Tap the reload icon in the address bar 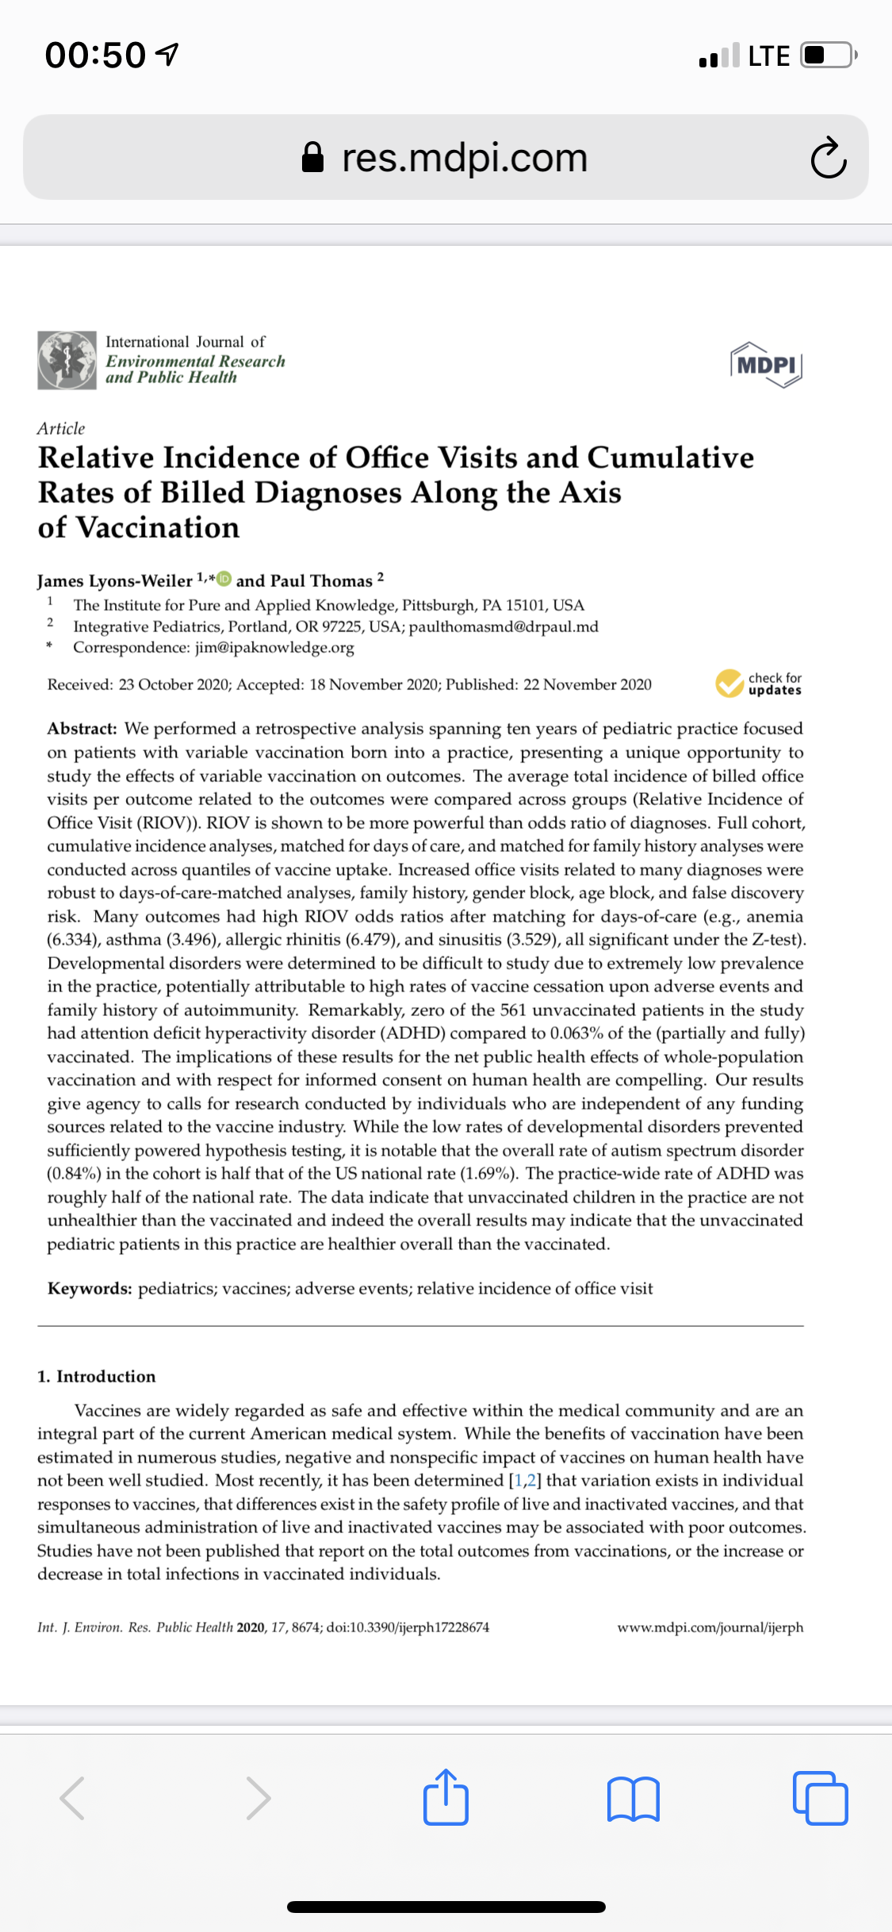pos(828,158)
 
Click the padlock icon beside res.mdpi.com pos(313,157)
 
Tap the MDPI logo pos(766,365)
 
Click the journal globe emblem pos(67,361)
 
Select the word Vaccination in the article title pos(158,528)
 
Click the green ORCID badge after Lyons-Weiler pos(224,579)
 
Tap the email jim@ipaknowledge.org pos(274,648)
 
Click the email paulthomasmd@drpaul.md pos(503,627)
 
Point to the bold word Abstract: pos(82,729)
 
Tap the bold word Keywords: pos(90,1289)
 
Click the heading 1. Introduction pos(97,1377)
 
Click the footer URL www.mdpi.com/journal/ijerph pos(710,1627)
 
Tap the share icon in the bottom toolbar pos(446,1797)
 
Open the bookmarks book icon pos(633,1799)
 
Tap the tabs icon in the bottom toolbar pos(820,1798)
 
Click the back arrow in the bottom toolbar pos(72,1798)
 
